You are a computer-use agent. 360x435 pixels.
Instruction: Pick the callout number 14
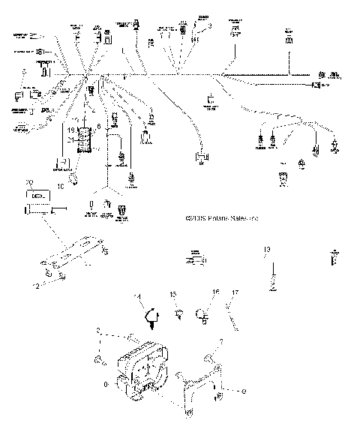coord(137,298)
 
